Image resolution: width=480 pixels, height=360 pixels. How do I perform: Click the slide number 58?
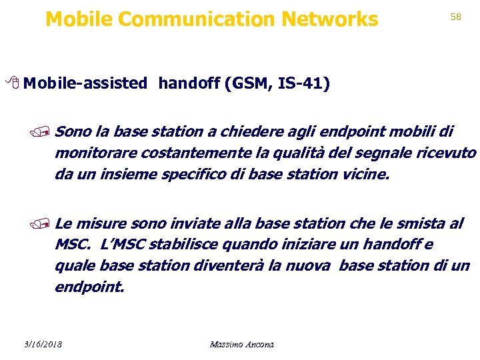click(456, 17)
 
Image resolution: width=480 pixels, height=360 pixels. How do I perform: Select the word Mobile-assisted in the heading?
click(88, 83)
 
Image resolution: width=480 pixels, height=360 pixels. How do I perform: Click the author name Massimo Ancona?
click(241, 344)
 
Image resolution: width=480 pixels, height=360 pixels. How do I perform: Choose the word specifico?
click(193, 175)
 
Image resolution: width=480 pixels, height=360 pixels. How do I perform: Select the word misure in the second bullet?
click(102, 223)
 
